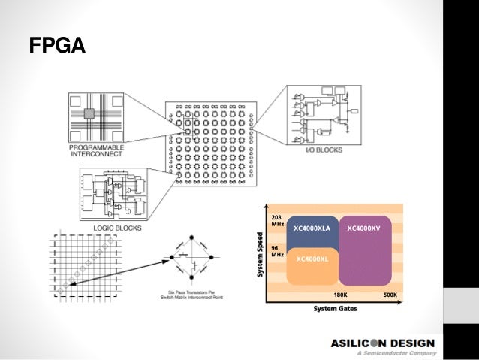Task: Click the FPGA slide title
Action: pos(57,47)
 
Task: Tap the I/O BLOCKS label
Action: pos(325,150)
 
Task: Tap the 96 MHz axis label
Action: pos(277,250)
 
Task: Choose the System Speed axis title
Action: pos(261,252)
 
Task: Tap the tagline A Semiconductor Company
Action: pos(395,353)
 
